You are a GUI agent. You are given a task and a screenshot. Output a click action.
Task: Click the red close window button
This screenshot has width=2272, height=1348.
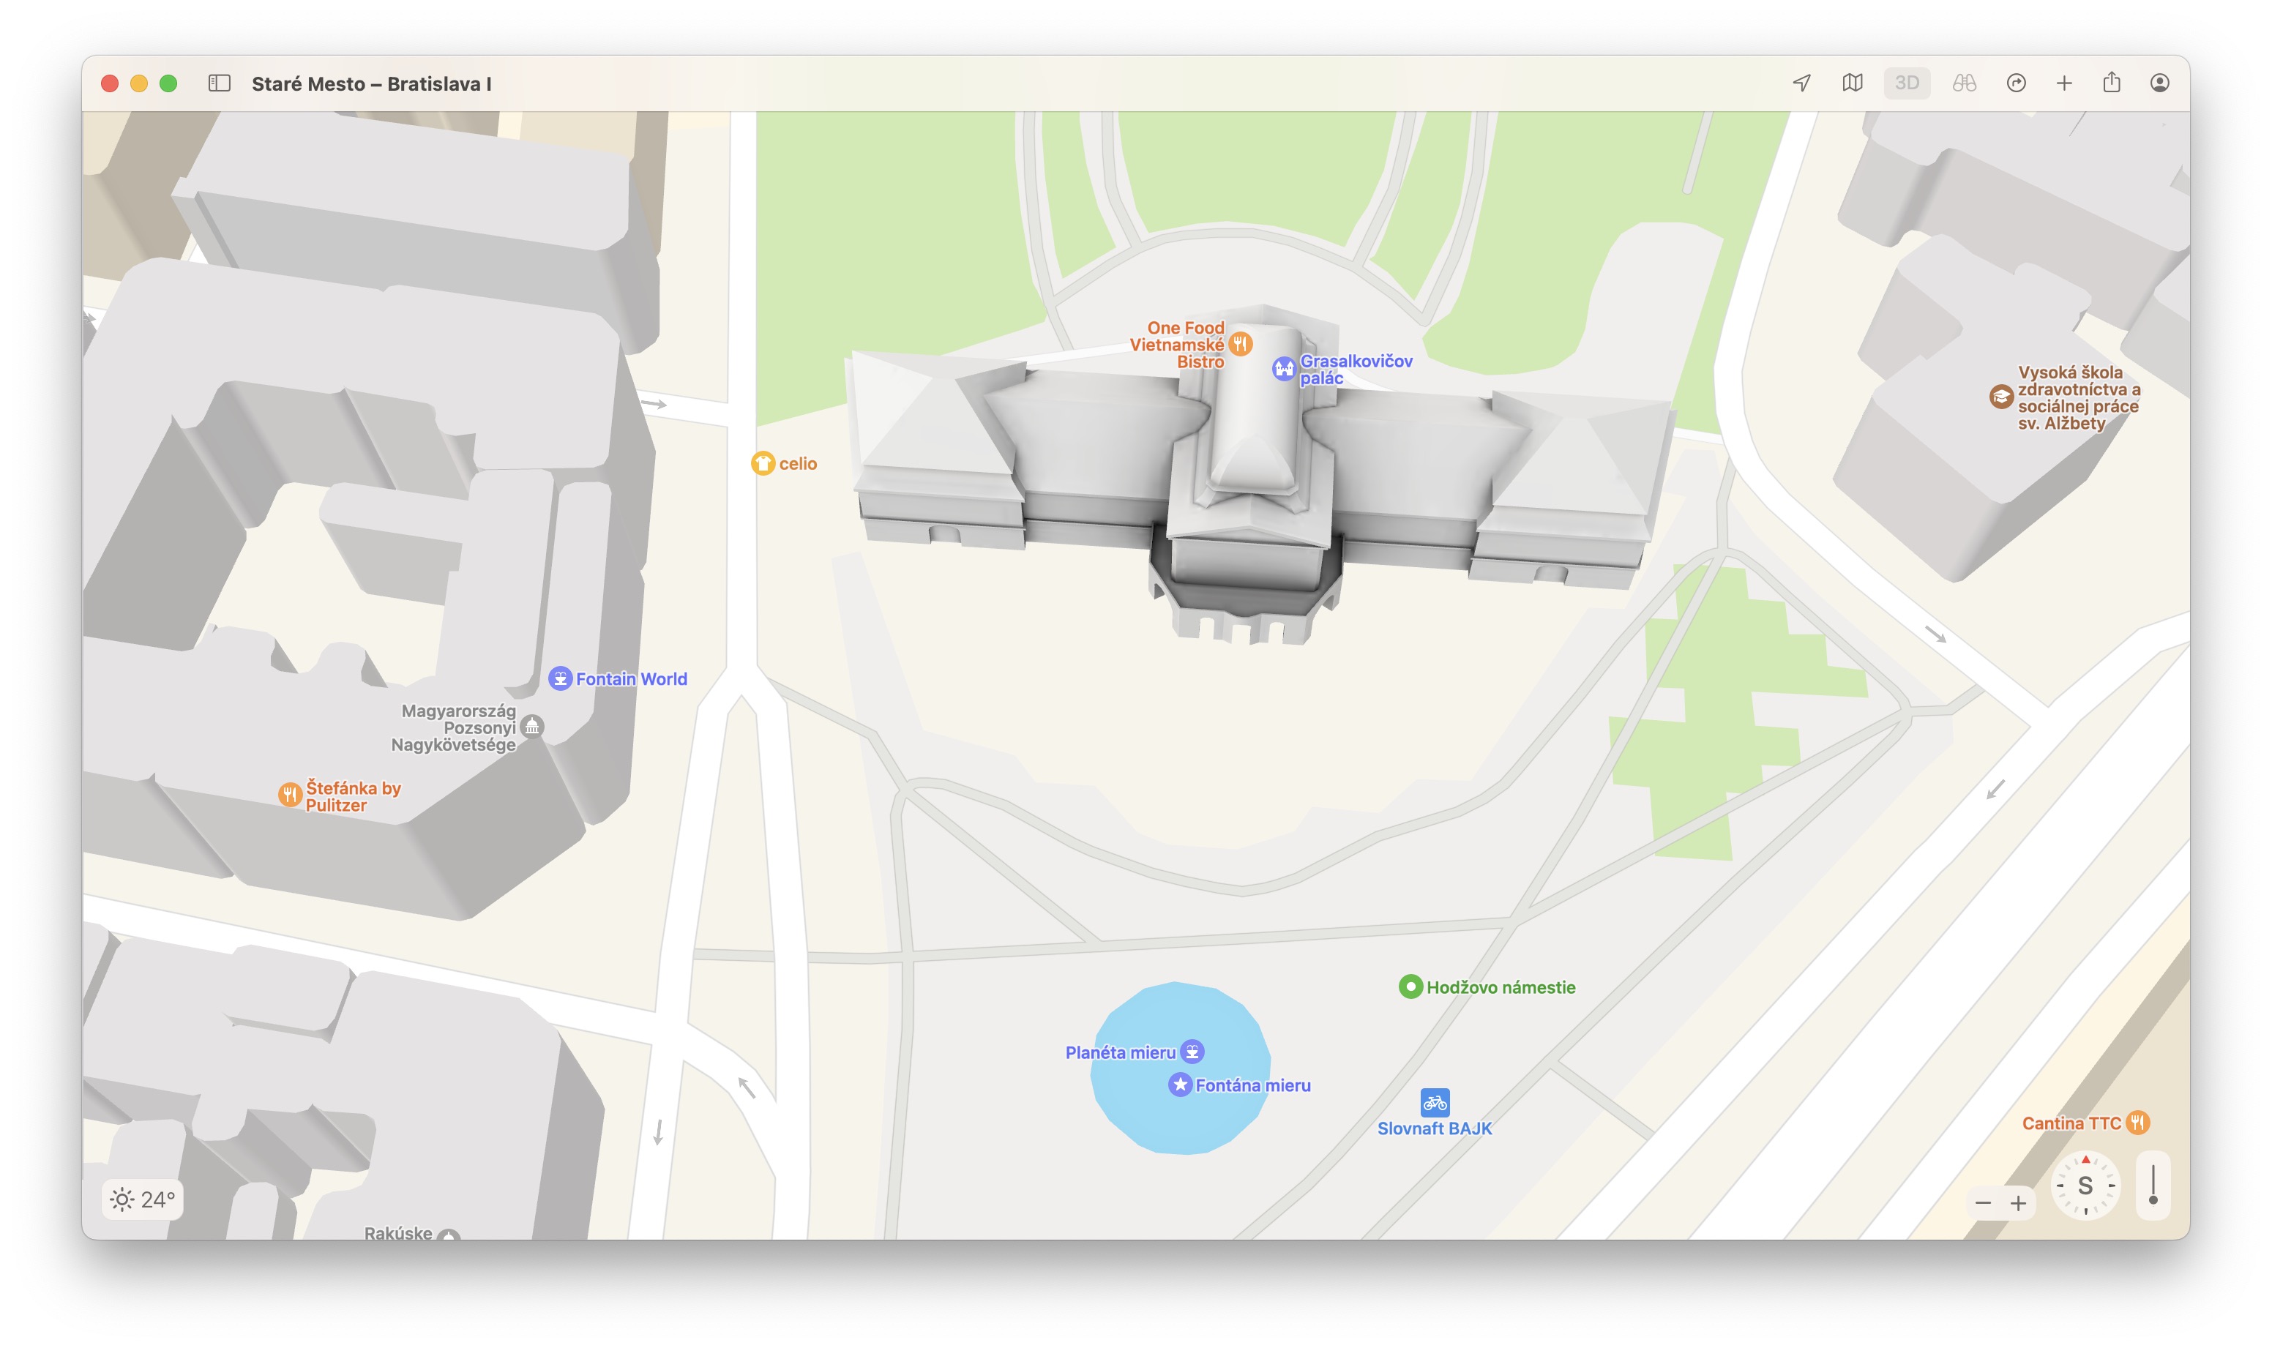click(110, 83)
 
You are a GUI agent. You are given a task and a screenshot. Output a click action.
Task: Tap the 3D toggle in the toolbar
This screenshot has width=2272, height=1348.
click(1906, 83)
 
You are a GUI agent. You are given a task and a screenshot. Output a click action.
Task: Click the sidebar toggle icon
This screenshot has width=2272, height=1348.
click(219, 83)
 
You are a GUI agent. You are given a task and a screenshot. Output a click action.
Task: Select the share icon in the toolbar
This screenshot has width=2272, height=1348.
click(2111, 83)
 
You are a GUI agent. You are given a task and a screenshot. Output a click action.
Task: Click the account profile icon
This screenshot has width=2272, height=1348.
click(2159, 83)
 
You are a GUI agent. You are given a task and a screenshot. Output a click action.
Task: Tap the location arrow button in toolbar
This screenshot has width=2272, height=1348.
click(1801, 83)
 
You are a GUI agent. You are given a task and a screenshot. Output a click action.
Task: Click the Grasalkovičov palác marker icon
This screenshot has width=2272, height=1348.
click(1282, 369)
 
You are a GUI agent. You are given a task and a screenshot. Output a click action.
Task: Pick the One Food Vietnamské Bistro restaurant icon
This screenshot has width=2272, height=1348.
click(1240, 344)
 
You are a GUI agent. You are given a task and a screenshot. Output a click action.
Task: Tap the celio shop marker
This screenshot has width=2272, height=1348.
click(762, 463)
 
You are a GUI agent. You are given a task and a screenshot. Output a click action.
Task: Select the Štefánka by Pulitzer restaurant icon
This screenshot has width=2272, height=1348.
click(290, 795)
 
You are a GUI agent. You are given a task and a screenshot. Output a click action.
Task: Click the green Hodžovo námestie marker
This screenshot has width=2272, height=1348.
click(1410, 986)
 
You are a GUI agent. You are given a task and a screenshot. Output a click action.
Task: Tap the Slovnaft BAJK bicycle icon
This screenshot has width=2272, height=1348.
click(1435, 1103)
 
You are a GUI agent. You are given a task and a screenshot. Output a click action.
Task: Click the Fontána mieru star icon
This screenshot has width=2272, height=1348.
click(1179, 1085)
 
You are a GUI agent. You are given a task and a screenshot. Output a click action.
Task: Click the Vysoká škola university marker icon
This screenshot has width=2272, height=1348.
click(2000, 397)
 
